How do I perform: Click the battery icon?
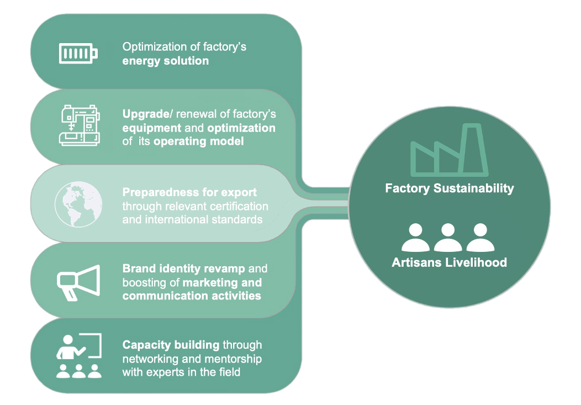[x=78, y=54]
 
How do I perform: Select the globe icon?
[x=78, y=204]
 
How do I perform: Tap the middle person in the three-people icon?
[x=448, y=238]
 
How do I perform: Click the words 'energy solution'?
[x=165, y=61]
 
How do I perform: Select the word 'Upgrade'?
[x=144, y=114]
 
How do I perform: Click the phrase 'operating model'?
[x=198, y=141]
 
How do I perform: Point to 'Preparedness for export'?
[x=189, y=193]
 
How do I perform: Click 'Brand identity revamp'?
[x=183, y=269]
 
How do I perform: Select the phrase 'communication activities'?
[x=191, y=296]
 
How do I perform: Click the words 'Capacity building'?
[x=171, y=345]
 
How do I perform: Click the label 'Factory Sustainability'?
[x=449, y=188]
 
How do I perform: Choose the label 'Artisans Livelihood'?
[x=449, y=262]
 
